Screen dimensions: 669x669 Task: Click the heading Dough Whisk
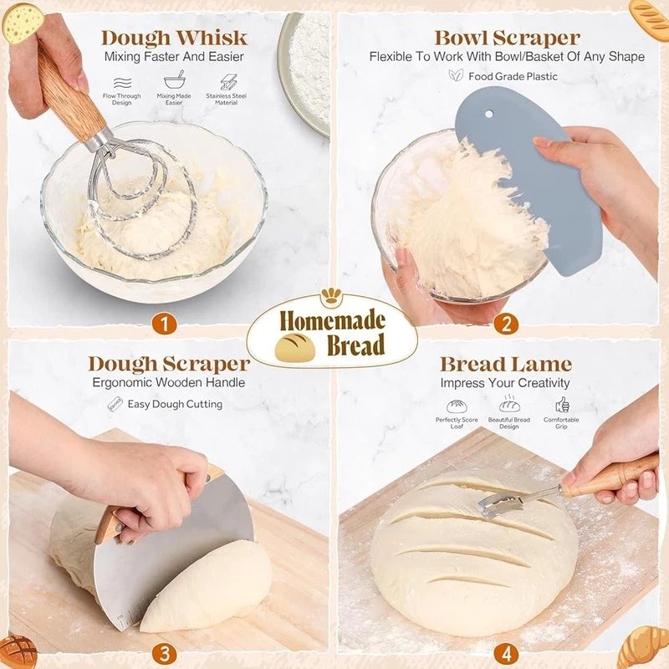tap(174, 38)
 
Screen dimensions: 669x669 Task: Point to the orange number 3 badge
tap(165, 654)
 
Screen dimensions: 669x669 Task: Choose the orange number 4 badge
tap(505, 654)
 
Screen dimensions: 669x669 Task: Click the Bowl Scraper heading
tap(507, 38)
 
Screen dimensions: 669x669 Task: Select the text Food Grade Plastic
tap(513, 76)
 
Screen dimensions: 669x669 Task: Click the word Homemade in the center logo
tap(333, 320)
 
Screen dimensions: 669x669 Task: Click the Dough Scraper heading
tap(168, 364)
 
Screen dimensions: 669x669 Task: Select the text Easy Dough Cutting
tap(175, 404)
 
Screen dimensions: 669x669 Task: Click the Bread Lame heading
tap(505, 364)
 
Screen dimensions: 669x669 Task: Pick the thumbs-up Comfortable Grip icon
tap(561, 405)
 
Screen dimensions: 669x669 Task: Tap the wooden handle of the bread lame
tap(610, 477)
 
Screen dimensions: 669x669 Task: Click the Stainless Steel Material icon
tap(228, 82)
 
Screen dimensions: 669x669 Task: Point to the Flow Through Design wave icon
tap(121, 82)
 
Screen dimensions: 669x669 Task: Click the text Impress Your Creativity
tap(505, 383)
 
